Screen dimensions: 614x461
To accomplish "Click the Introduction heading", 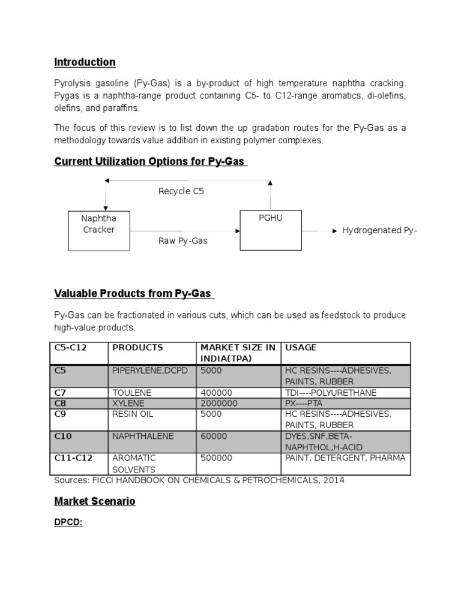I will tap(85, 62).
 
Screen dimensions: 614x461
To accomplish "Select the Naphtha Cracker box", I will tap(98, 230).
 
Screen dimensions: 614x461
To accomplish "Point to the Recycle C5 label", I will tap(181, 191).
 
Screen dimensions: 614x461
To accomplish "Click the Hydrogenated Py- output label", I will tap(379, 230).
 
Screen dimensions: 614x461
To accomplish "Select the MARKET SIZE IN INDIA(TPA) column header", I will tap(238, 353).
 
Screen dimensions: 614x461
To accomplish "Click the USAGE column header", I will tap(301, 348).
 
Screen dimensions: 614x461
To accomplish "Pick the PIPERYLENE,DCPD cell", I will tap(149, 371).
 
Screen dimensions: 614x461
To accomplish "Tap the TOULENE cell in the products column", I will tap(132, 392).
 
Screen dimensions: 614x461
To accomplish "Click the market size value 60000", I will tap(214, 436).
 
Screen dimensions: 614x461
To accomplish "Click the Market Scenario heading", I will tap(95, 501).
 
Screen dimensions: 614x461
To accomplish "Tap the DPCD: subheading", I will tap(68, 522).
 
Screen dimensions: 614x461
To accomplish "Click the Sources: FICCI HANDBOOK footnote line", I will tap(199, 480).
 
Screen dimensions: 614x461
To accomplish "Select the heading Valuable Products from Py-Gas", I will tap(133, 293).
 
